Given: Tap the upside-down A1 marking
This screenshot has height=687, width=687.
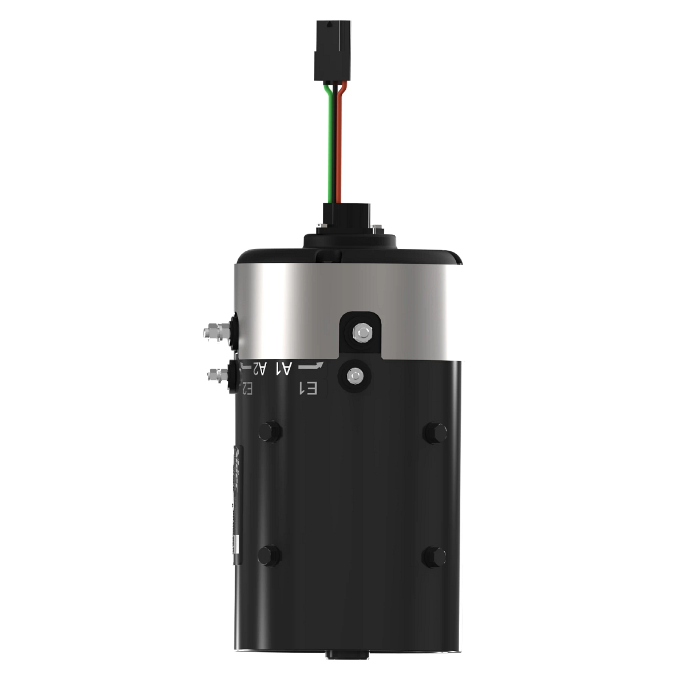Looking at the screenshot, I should (x=285, y=368).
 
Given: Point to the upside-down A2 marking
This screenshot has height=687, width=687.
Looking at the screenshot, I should (x=260, y=368).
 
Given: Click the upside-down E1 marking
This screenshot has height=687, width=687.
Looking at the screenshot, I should (x=309, y=389).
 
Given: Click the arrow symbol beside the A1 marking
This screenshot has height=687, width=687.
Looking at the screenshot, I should (x=311, y=366).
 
